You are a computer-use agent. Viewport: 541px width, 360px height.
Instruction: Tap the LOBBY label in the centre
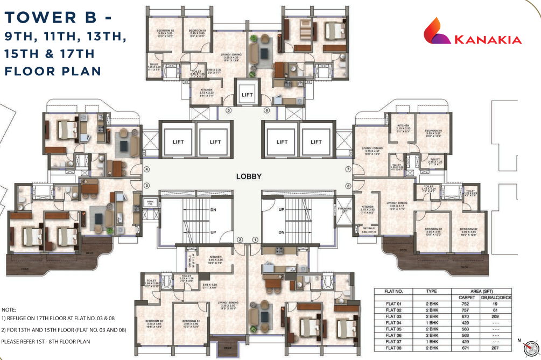(x=249, y=177)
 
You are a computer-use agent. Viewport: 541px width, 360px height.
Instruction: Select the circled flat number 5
(x=228, y=111)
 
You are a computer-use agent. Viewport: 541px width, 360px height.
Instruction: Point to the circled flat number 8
(x=348, y=186)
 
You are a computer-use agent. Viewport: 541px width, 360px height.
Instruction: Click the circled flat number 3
(x=146, y=186)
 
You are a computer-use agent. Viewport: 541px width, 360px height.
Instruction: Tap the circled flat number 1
(x=256, y=239)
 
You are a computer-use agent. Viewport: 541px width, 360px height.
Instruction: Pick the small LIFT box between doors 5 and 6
(x=247, y=95)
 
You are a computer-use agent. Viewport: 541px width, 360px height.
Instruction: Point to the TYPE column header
(x=431, y=291)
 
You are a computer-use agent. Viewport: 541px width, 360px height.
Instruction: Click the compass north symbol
(x=530, y=347)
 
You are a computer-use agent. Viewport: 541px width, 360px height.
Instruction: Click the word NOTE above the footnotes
(x=9, y=310)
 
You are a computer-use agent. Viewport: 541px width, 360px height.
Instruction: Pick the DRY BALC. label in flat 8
(x=361, y=228)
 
